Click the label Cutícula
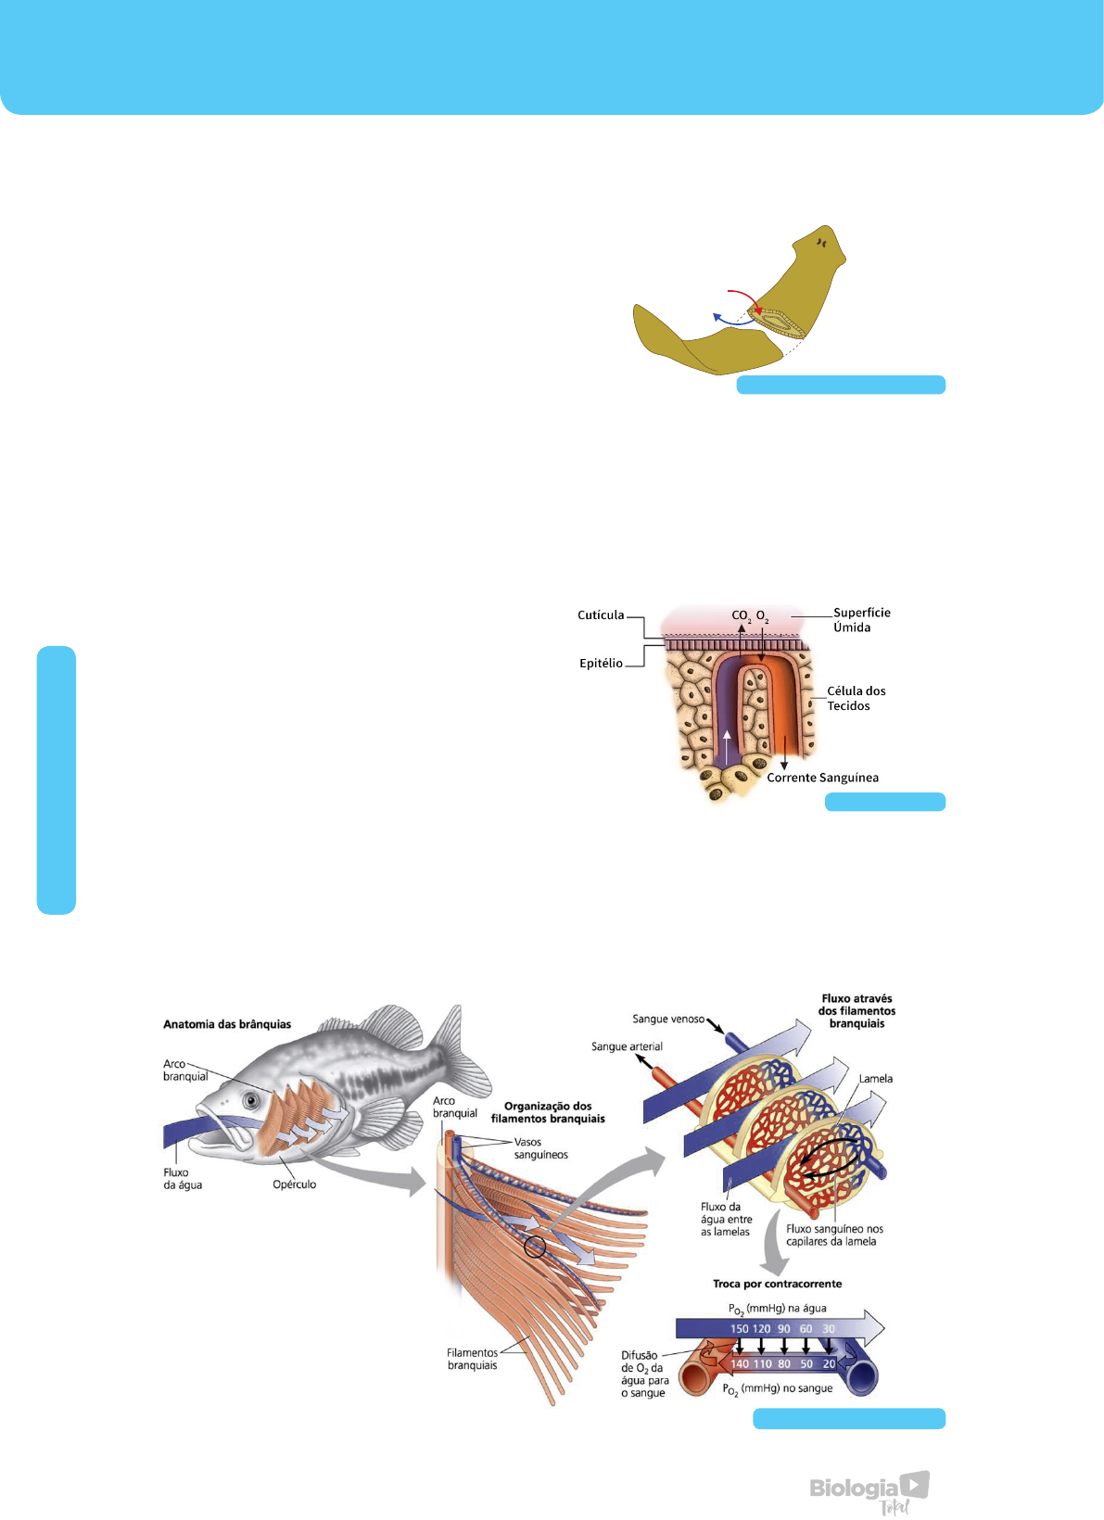[601, 615]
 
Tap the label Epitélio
[601, 664]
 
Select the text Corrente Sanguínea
[822, 779]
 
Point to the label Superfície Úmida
[861, 620]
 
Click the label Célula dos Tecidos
[856, 699]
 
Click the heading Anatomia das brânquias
[227, 1024]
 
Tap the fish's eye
[250, 1100]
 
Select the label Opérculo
[295, 1184]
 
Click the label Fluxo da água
[183, 1179]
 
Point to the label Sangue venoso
[668, 1020]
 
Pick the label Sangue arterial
[627, 1047]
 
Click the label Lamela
[875, 1079]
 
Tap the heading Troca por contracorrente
[777, 1285]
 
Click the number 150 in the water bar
[739, 1329]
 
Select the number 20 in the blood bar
[829, 1364]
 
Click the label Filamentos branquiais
[472, 1360]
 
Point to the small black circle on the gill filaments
[535, 1247]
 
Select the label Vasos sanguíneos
[540, 1148]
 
